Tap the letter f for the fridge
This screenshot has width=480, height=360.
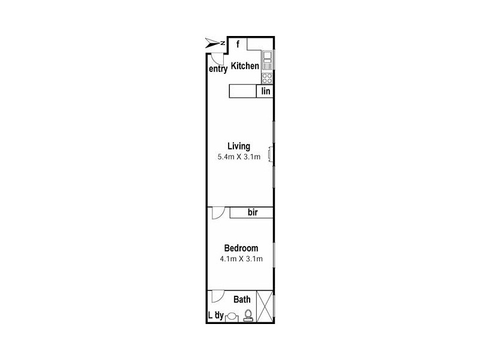click(238, 44)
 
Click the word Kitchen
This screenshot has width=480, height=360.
click(245, 66)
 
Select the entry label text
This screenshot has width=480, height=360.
click(218, 69)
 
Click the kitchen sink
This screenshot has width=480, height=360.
click(267, 58)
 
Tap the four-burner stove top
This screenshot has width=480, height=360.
click(267, 79)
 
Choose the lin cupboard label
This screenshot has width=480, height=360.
click(265, 91)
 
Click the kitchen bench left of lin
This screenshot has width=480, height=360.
click(243, 91)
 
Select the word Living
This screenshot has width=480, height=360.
click(239, 146)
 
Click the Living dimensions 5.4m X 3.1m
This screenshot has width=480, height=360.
click(239, 157)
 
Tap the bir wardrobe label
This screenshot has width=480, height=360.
click(252, 212)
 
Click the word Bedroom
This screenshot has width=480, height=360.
click(241, 248)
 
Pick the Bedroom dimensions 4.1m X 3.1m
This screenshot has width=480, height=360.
click(241, 259)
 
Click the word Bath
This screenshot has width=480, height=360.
click(242, 299)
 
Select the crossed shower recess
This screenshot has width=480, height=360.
click(264, 307)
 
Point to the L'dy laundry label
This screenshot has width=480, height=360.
click(215, 315)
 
